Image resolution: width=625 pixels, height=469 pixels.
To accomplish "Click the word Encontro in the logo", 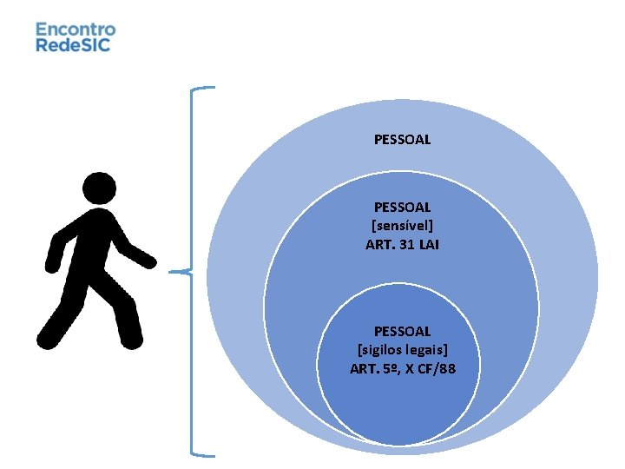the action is [75, 29].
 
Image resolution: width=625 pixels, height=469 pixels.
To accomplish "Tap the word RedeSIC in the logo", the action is [73, 44].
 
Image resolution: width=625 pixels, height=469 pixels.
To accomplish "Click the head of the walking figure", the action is [98, 189].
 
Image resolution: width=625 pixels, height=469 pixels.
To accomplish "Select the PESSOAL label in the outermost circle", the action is [402, 139].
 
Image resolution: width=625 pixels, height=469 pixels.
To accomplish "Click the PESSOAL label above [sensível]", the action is [402, 207].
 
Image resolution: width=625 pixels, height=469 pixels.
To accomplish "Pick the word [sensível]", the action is [402, 226].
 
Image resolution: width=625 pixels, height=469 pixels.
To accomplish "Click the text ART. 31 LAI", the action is [402, 245].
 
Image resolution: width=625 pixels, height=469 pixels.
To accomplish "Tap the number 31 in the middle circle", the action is [405, 245].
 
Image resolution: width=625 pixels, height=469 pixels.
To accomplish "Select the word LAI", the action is [429, 245].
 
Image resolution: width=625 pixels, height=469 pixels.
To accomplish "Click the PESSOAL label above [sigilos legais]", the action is [402, 331].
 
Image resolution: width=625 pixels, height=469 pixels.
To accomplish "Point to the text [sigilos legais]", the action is [402, 350].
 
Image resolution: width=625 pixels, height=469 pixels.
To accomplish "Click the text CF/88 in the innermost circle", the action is [437, 369].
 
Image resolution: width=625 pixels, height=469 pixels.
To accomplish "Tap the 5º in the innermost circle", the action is [388, 369].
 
